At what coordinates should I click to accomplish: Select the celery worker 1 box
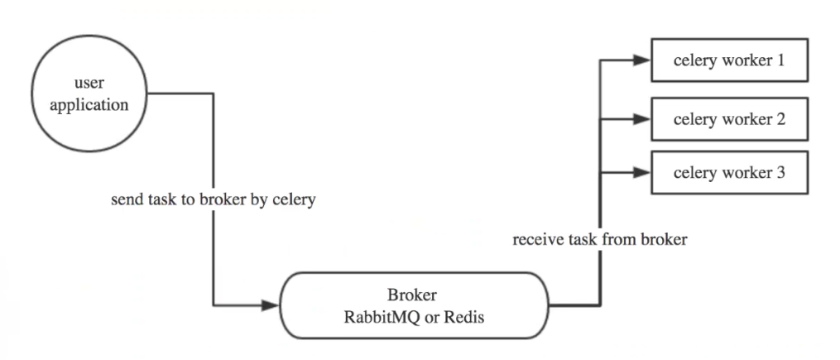(728, 60)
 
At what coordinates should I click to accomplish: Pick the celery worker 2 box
(728, 118)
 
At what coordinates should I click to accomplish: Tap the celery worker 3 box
(728, 173)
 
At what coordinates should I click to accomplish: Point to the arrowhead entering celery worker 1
(641, 60)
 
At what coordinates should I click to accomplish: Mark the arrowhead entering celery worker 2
(641, 118)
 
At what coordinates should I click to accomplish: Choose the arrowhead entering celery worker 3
(641, 173)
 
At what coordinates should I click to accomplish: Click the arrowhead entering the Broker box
(271, 305)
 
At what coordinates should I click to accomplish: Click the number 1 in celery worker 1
(780, 60)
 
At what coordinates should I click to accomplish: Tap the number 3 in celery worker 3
(780, 173)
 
